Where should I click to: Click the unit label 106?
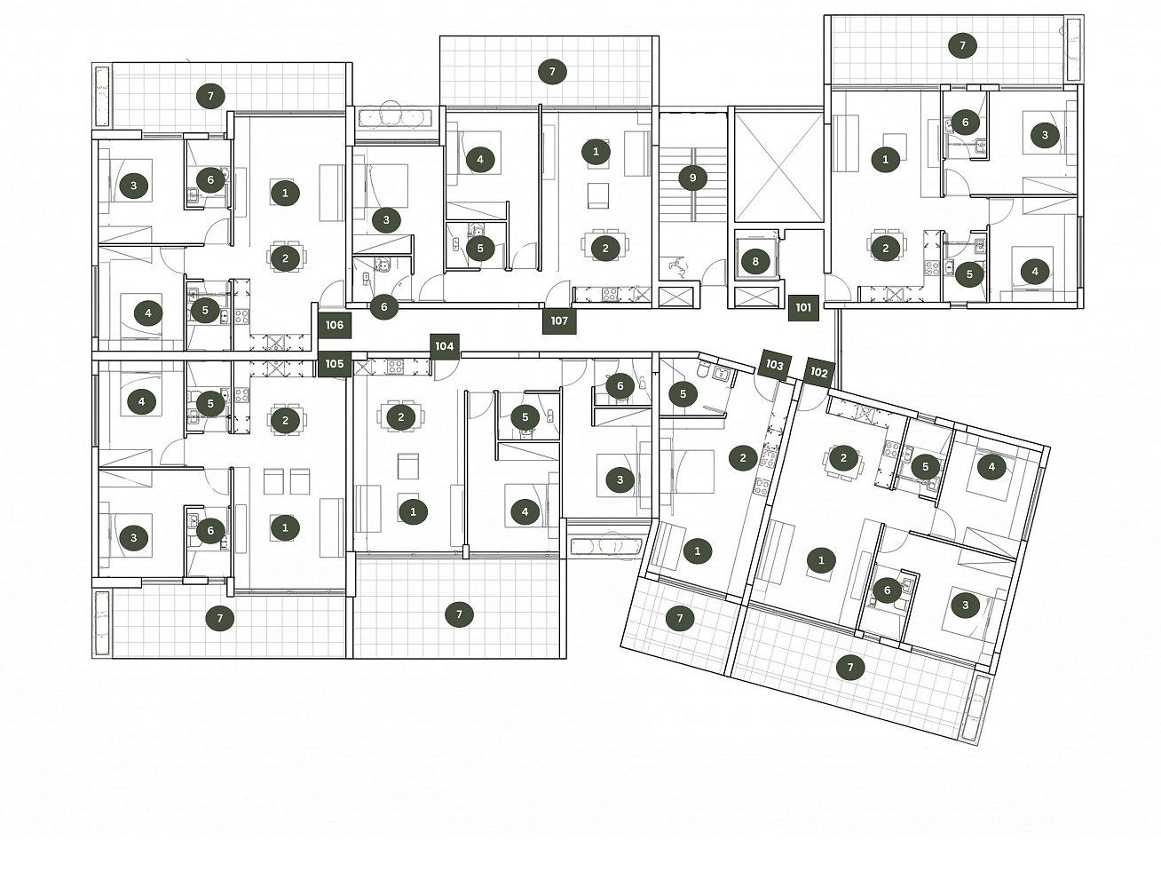335,325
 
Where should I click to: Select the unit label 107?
559,321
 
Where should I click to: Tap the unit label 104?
445,346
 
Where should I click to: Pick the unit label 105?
335,364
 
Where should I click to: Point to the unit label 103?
774,364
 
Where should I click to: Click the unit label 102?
818,372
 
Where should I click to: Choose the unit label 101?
803,308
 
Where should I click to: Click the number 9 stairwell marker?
693,178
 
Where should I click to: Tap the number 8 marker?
755,261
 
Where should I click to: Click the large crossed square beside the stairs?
779,167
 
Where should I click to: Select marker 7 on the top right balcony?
962,46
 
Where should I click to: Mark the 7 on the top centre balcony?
552,72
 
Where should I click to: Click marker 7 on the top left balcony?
210,96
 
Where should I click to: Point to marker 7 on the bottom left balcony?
219,618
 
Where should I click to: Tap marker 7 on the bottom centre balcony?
459,614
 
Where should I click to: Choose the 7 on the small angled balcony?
680,618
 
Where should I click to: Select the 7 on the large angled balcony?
850,668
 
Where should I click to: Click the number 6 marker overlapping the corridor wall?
384,306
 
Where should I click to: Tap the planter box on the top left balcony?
101,96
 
